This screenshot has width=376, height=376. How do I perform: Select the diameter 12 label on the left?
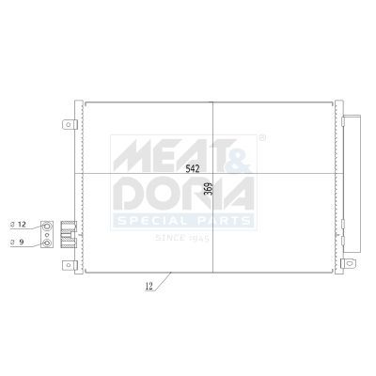(x=22, y=226)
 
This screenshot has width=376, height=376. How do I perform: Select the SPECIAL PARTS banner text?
(x=183, y=221)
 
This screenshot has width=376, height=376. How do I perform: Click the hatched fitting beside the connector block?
(x=69, y=233)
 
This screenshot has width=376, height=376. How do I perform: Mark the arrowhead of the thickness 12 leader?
(x=168, y=274)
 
